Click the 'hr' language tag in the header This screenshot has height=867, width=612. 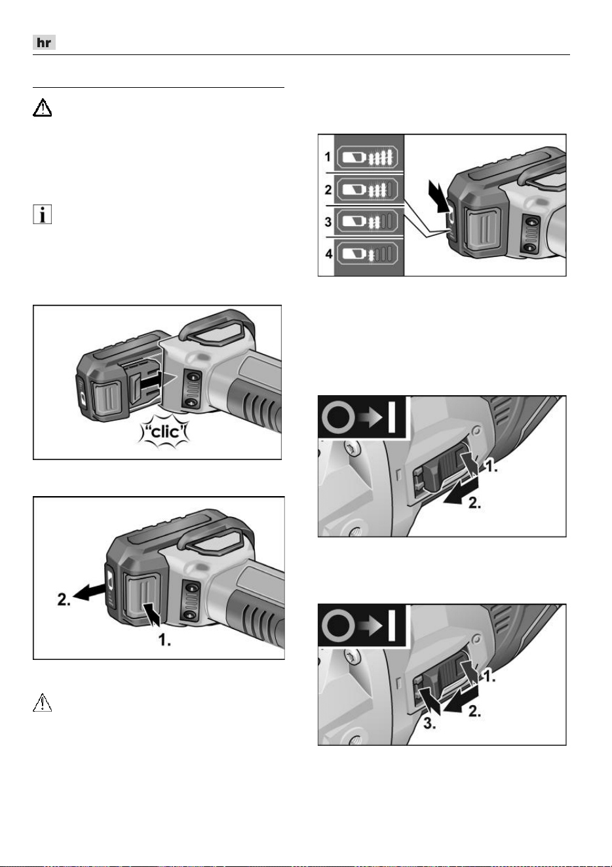pyautogui.click(x=44, y=42)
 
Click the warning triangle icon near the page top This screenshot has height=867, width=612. pyautogui.click(x=42, y=108)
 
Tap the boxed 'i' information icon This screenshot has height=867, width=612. pyautogui.click(x=42, y=214)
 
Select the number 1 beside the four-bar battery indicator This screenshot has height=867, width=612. pyautogui.click(x=328, y=157)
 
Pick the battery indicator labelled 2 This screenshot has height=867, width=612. pyautogui.click(x=366, y=189)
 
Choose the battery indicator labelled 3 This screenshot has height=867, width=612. pyautogui.click(x=366, y=222)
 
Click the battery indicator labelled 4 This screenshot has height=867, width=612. pyautogui.click(x=366, y=254)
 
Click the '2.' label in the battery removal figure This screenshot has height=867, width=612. pyautogui.click(x=64, y=600)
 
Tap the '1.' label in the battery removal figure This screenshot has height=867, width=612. pyautogui.click(x=164, y=640)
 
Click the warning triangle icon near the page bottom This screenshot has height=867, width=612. pyautogui.click(x=42, y=703)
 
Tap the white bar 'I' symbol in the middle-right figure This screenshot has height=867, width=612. pyautogui.click(x=391, y=417)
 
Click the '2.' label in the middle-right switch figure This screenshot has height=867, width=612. pyautogui.click(x=474, y=503)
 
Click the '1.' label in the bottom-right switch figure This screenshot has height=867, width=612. pyautogui.click(x=489, y=676)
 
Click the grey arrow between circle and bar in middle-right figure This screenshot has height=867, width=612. pyautogui.click(x=370, y=417)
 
